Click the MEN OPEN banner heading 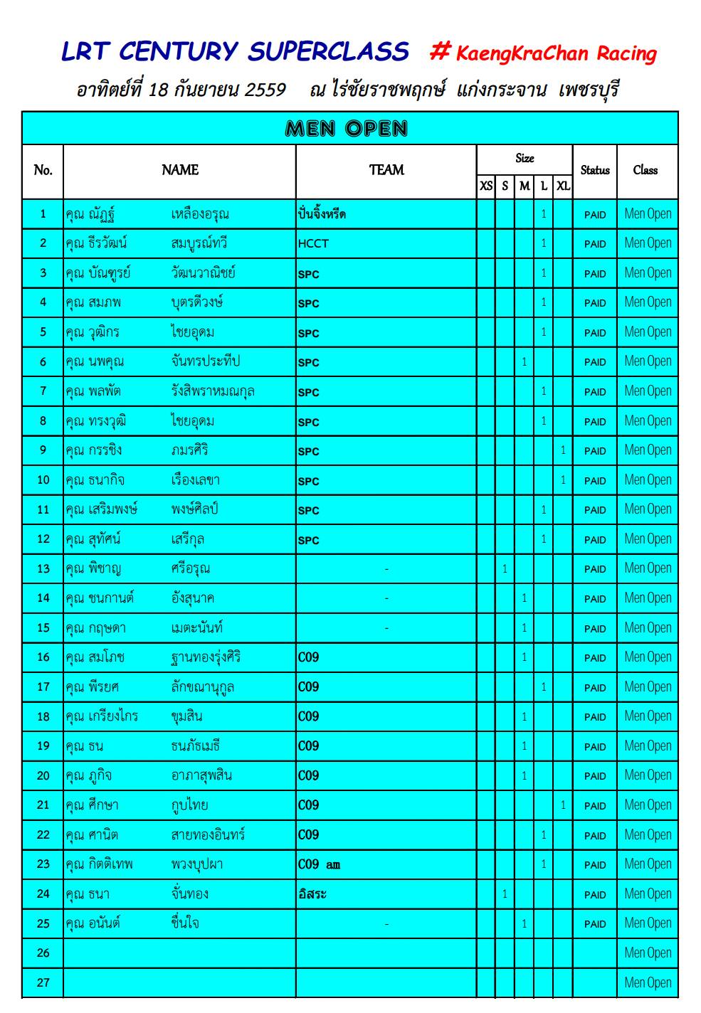[347, 129]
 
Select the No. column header [43, 170]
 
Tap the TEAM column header [386, 170]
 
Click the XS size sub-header [486, 186]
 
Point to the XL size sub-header [563, 186]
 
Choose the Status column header [595, 170]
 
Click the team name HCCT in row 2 [313, 244]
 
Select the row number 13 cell [43, 569]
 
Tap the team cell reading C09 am [319, 865]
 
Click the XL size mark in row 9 [563, 450]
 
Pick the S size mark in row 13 [505, 569]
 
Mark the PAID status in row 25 [595, 924]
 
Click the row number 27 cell [43, 983]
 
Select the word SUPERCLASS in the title [328, 52]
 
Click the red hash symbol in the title [441, 51]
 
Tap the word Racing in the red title [626, 54]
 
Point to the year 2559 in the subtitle [265, 90]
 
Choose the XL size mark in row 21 [563, 805]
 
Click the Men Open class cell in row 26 [648, 953]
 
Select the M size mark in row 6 [525, 362]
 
